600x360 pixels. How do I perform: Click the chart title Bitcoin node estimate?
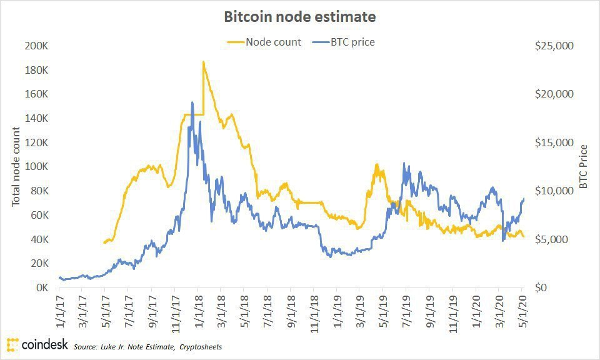tap(300, 17)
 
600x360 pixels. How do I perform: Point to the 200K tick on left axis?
tap(36, 46)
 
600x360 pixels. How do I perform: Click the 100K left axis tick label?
tap(36, 167)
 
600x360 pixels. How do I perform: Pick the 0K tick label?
tap(40, 288)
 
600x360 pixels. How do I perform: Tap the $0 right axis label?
tap(541, 288)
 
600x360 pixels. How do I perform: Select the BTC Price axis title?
tap(583, 167)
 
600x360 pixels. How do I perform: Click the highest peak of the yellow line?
tap(203, 62)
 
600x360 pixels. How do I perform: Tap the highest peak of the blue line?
tap(192, 102)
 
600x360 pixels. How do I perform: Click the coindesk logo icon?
tap(12, 344)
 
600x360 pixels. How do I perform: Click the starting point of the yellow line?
tap(104, 242)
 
